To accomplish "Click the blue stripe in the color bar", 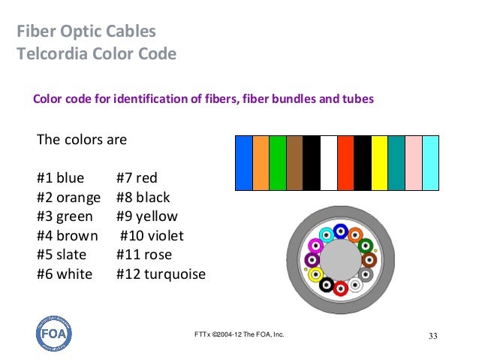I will coord(244,162).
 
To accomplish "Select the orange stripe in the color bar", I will coord(261,162).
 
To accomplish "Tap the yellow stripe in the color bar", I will coord(379,162).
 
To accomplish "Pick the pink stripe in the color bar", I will coord(414,162).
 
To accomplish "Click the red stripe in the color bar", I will coord(345,162).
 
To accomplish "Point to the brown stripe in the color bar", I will coord(294,162).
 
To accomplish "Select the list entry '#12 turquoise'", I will coord(161,274).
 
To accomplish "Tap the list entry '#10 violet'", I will coord(152,236).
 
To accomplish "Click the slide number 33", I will coord(432,334).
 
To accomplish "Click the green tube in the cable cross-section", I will coord(366,246).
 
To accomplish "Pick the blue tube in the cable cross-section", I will coord(340,231).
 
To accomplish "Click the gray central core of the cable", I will coord(340,259).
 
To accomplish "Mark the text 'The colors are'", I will coord(82,140).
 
